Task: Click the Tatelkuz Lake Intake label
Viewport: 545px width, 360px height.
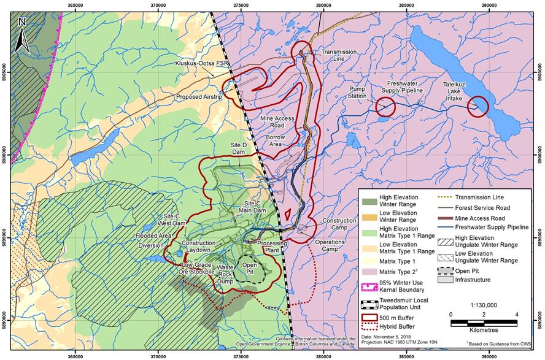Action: point(460,90)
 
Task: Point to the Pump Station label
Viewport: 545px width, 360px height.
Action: point(357,93)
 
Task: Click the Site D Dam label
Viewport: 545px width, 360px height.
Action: point(238,148)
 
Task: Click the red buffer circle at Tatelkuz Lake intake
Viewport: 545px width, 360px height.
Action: point(477,107)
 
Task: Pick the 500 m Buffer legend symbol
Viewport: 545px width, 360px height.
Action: point(371,317)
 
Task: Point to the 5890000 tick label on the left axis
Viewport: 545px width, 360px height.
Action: point(5,320)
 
